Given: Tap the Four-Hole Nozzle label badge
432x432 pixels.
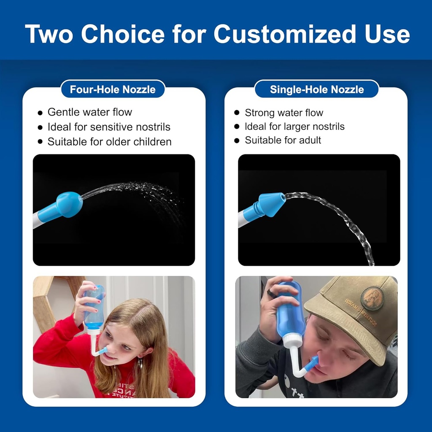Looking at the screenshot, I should pos(113,89).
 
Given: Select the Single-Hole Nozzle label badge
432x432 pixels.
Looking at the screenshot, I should pos(316,89).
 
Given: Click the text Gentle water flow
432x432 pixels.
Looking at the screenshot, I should pos(89,112).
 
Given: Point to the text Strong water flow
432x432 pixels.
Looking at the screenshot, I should pos(283,113).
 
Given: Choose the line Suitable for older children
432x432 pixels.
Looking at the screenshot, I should pos(109,142).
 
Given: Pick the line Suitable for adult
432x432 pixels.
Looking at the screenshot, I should pos(283,140).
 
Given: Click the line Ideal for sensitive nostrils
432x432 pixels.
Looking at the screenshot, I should pos(109,127).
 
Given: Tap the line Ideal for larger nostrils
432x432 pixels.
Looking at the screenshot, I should pos(294,127).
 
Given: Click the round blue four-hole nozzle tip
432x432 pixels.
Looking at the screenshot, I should pos(69,204).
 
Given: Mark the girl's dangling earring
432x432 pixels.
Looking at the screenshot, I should pos(140,363).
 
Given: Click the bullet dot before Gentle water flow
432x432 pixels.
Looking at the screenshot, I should pos(40,113).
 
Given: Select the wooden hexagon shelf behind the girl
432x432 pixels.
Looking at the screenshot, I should pos(46,304).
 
